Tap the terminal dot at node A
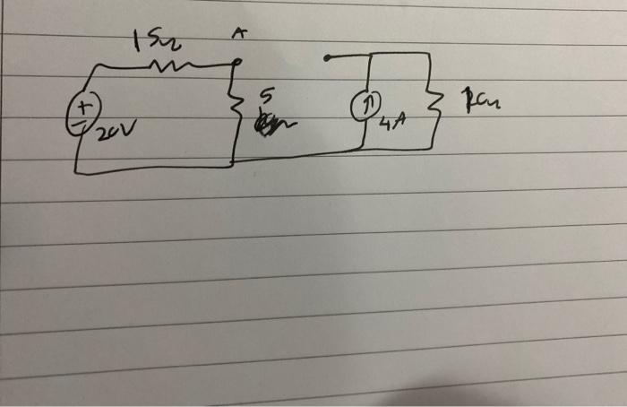236,63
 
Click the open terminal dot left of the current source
327,58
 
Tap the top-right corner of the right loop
428,53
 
